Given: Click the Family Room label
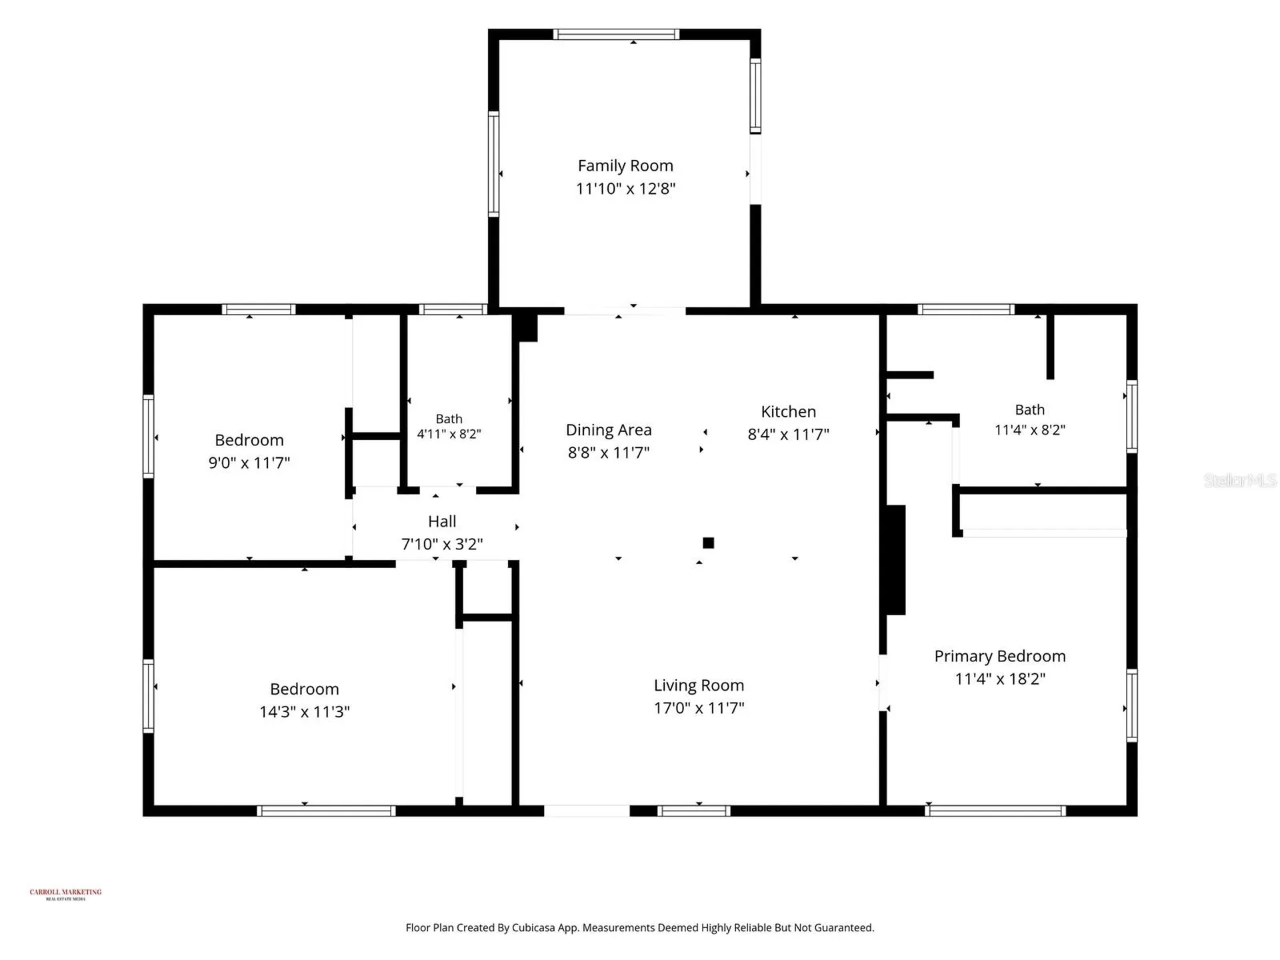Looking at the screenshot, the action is click(x=625, y=165).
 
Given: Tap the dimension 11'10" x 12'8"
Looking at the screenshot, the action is click(x=625, y=189).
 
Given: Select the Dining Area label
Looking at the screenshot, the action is click(x=609, y=430).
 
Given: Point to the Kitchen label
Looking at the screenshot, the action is click(x=789, y=411).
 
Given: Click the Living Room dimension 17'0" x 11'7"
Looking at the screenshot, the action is click(x=699, y=708).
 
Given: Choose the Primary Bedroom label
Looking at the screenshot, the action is click(x=1000, y=656).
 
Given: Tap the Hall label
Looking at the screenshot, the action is click(x=442, y=521).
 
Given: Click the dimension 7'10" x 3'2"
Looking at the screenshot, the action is click(x=442, y=544).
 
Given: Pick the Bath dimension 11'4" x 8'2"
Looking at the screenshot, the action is click(x=1030, y=430).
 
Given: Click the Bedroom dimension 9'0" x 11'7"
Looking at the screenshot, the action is click(x=249, y=463).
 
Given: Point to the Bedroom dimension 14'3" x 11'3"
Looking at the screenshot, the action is click(x=305, y=712).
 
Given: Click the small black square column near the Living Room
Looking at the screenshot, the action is click(x=709, y=543).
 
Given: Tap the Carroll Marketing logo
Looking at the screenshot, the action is click(x=65, y=894).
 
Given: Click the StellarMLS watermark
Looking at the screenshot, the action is click(x=1240, y=480).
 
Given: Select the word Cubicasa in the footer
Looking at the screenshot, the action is click(x=533, y=927).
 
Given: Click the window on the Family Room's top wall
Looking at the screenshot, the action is click(x=616, y=35).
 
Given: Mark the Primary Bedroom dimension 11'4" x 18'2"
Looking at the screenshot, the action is click(x=1000, y=679).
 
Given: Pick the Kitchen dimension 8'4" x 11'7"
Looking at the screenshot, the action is click(x=789, y=435).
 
